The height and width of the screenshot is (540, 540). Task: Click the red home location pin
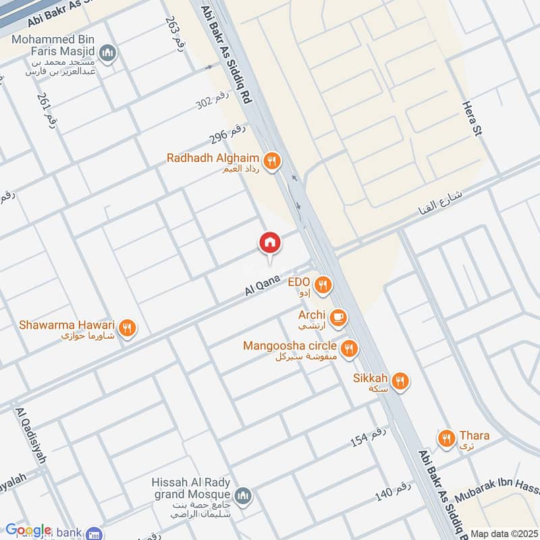coord(269,243)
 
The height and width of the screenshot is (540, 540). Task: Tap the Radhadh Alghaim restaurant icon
coord(273,161)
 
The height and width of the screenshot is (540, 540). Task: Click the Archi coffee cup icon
coord(338,316)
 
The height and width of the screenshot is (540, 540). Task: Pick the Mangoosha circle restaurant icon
coord(349,348)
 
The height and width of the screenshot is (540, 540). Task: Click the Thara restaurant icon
coord(446,439)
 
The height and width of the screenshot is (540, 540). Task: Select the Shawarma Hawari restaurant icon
coord(128,329)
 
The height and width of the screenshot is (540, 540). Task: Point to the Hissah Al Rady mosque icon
coord(244,497)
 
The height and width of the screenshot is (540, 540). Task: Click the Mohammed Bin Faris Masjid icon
coord(107,52)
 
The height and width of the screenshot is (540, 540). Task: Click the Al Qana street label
coord(262,284)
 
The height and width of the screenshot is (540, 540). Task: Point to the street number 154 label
coord(369,437)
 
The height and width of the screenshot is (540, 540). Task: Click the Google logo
coord(28,531)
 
